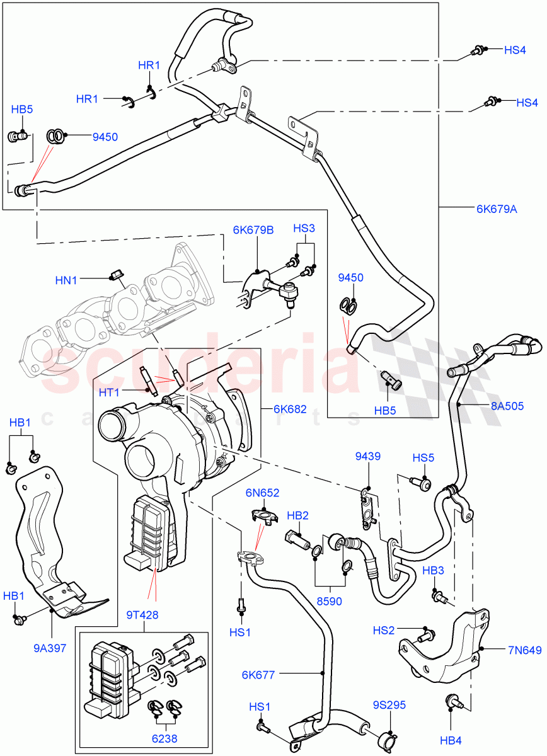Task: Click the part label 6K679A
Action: point(497,209)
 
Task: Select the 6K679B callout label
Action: point(253,230)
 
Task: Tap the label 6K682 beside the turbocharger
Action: point(290,409)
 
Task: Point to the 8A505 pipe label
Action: point(507,406)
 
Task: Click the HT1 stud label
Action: point(109,392)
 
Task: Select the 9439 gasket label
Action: point(367,456)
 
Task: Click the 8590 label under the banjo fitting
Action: point(329,601)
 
